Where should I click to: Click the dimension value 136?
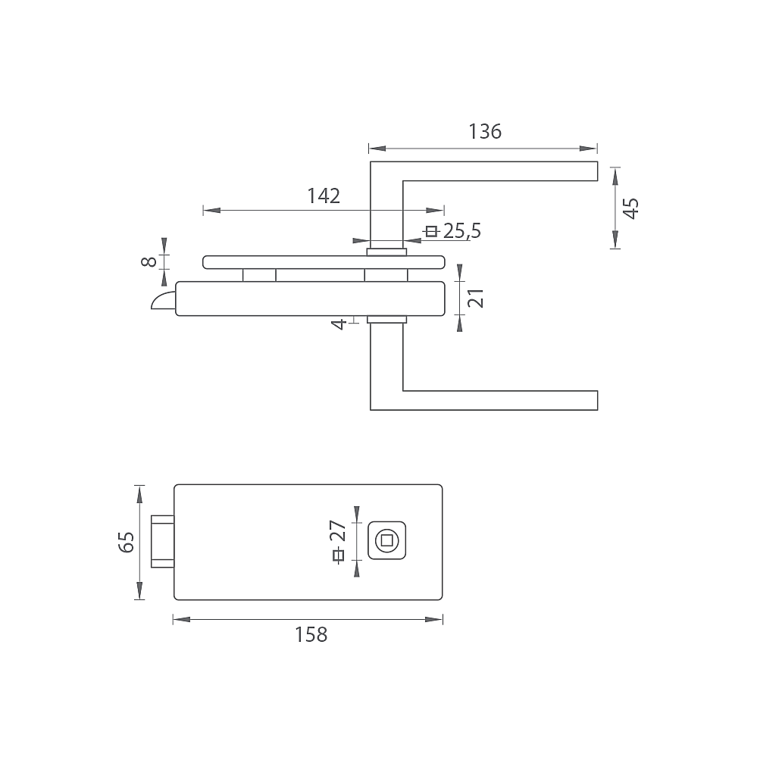pos(485,131)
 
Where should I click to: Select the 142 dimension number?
pos(324,196)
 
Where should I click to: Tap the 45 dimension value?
pos(631,208)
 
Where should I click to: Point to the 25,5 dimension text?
pos(462,231)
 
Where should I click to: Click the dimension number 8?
pos(149,261)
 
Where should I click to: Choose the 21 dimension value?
pos(476,298)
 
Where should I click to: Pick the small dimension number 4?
pos(339,324)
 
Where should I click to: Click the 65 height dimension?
pos(126,542)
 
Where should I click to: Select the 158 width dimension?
pos(311,634)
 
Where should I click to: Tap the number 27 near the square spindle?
pos(338,531)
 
